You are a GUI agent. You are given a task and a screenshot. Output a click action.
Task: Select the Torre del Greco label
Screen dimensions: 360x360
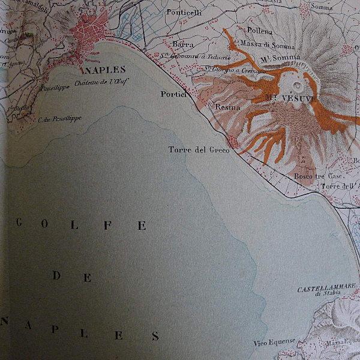pyautogui.click(x=199, y=150)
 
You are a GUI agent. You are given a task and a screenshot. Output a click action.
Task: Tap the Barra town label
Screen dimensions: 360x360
pyautogui.click(x=181, y=44)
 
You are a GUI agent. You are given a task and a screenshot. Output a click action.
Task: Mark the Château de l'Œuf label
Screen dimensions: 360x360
pyautogui.click(x=103, y=82)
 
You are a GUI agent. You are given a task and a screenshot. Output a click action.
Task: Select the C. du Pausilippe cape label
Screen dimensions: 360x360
pyautogui.click(x=60, y=118)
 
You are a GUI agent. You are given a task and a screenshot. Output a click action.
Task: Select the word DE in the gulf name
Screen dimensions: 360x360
pyautogui.click(x=72, y=277)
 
